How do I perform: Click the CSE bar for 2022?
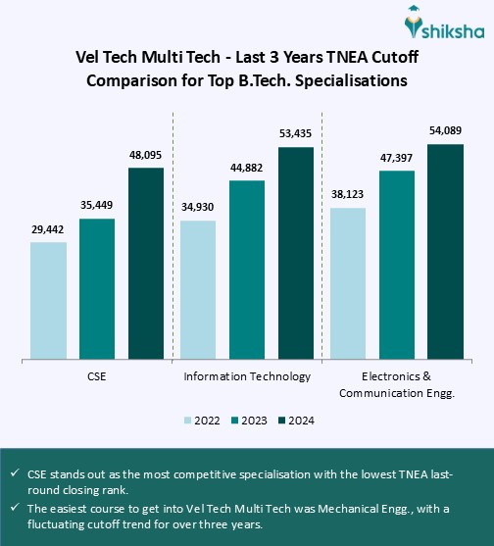pyautogui.click(x=48, y=300)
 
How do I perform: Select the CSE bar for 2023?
pyautogui.click(x=97, y=288)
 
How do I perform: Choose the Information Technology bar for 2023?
pyautogui.click(x=247, y=269)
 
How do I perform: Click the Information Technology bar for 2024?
pyautogui.click(x=296, y=252)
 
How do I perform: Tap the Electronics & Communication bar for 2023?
pyautogui.click(x=397, y=265)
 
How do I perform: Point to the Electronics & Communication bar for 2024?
pyautogui.click(x=446, y=251)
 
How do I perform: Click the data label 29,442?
pyautogui.click(x=48, y=229)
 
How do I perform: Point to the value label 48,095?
pyautogui.click(x=146, y=155)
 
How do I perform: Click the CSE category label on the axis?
pyautogui.click(x=97, y=376)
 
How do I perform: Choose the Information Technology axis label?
pyautogui.click(x=247, y=376)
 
